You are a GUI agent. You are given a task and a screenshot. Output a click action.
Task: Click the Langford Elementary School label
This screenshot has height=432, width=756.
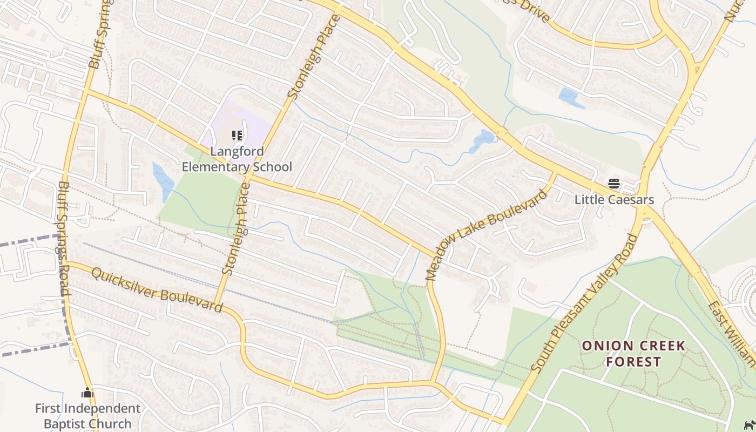237,159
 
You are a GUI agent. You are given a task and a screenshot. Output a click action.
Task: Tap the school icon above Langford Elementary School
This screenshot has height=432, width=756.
237,135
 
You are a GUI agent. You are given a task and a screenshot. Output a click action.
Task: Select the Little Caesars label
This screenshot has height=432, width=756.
614,200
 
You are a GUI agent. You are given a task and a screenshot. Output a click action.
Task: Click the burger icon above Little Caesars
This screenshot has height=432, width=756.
613,184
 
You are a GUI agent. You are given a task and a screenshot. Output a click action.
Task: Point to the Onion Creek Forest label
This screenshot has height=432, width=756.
633,354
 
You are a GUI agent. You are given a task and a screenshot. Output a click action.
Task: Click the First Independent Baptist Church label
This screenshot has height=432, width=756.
87,416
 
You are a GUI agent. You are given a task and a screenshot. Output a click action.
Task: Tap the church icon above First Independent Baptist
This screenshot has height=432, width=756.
87,393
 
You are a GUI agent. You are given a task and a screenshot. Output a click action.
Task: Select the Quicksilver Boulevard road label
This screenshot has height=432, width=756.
157,290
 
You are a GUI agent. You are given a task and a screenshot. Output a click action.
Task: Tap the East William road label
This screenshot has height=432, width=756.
732,335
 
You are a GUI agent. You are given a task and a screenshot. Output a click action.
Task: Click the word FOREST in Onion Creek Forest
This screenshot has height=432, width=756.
633,362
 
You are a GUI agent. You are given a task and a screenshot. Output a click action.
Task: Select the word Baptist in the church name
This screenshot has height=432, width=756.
67,424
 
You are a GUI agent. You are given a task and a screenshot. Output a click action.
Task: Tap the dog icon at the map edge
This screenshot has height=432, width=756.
749,424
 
